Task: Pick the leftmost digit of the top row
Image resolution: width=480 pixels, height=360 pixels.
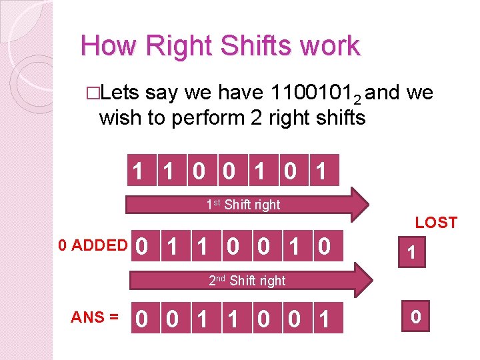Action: click(137, 171)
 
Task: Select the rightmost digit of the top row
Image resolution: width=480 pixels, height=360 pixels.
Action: click(321, 171)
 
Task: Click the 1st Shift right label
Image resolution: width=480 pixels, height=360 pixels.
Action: click(243, 205)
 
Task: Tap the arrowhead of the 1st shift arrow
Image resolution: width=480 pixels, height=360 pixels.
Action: click(359, 204)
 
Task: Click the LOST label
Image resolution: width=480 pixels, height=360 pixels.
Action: click(436, 223)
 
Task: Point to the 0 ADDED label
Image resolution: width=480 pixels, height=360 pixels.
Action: click(93, 245)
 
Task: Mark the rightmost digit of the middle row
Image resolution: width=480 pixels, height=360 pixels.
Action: click(325, 247)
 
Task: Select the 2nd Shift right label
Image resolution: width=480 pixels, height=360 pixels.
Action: click(247, 281)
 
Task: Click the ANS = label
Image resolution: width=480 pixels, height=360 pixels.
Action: click(95, 317)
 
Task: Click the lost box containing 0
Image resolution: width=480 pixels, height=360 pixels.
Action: click(415, 316)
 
